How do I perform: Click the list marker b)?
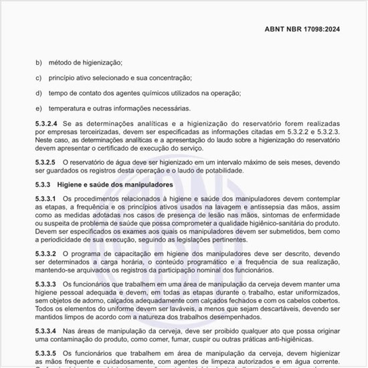[38, 62]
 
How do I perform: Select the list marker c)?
[38, 78]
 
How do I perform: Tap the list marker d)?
[38, 93]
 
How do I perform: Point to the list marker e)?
[38, 108]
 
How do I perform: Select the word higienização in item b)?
[97, 62]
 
